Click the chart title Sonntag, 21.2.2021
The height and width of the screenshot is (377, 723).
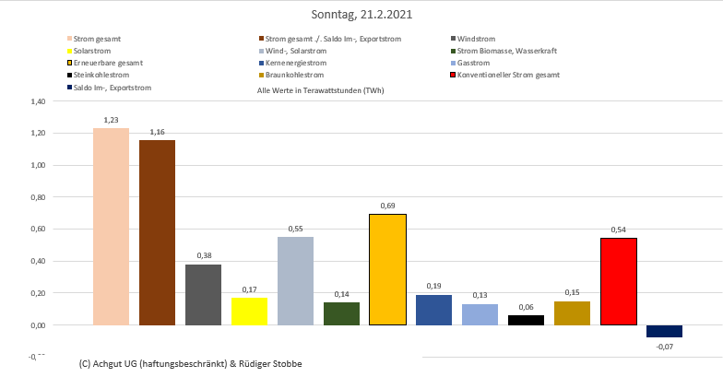point(361,16)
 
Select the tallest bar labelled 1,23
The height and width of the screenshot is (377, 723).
point(111,226)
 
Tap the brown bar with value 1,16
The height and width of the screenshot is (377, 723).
point(157,232)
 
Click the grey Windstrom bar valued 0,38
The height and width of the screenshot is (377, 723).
point(203,294)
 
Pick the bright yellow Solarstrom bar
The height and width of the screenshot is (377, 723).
point(249,311)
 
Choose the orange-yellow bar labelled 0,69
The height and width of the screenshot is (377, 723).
point(387,269)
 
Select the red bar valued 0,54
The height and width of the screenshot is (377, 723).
point(618,281)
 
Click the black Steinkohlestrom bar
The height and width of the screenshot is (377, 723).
point(526,320)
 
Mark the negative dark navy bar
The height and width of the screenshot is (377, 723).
point(664,331)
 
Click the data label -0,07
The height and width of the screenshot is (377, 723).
point(665,346)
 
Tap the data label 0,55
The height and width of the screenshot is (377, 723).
point(295,228)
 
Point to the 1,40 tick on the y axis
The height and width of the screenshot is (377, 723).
point(37,101)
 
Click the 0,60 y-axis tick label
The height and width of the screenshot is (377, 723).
point(37,230)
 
